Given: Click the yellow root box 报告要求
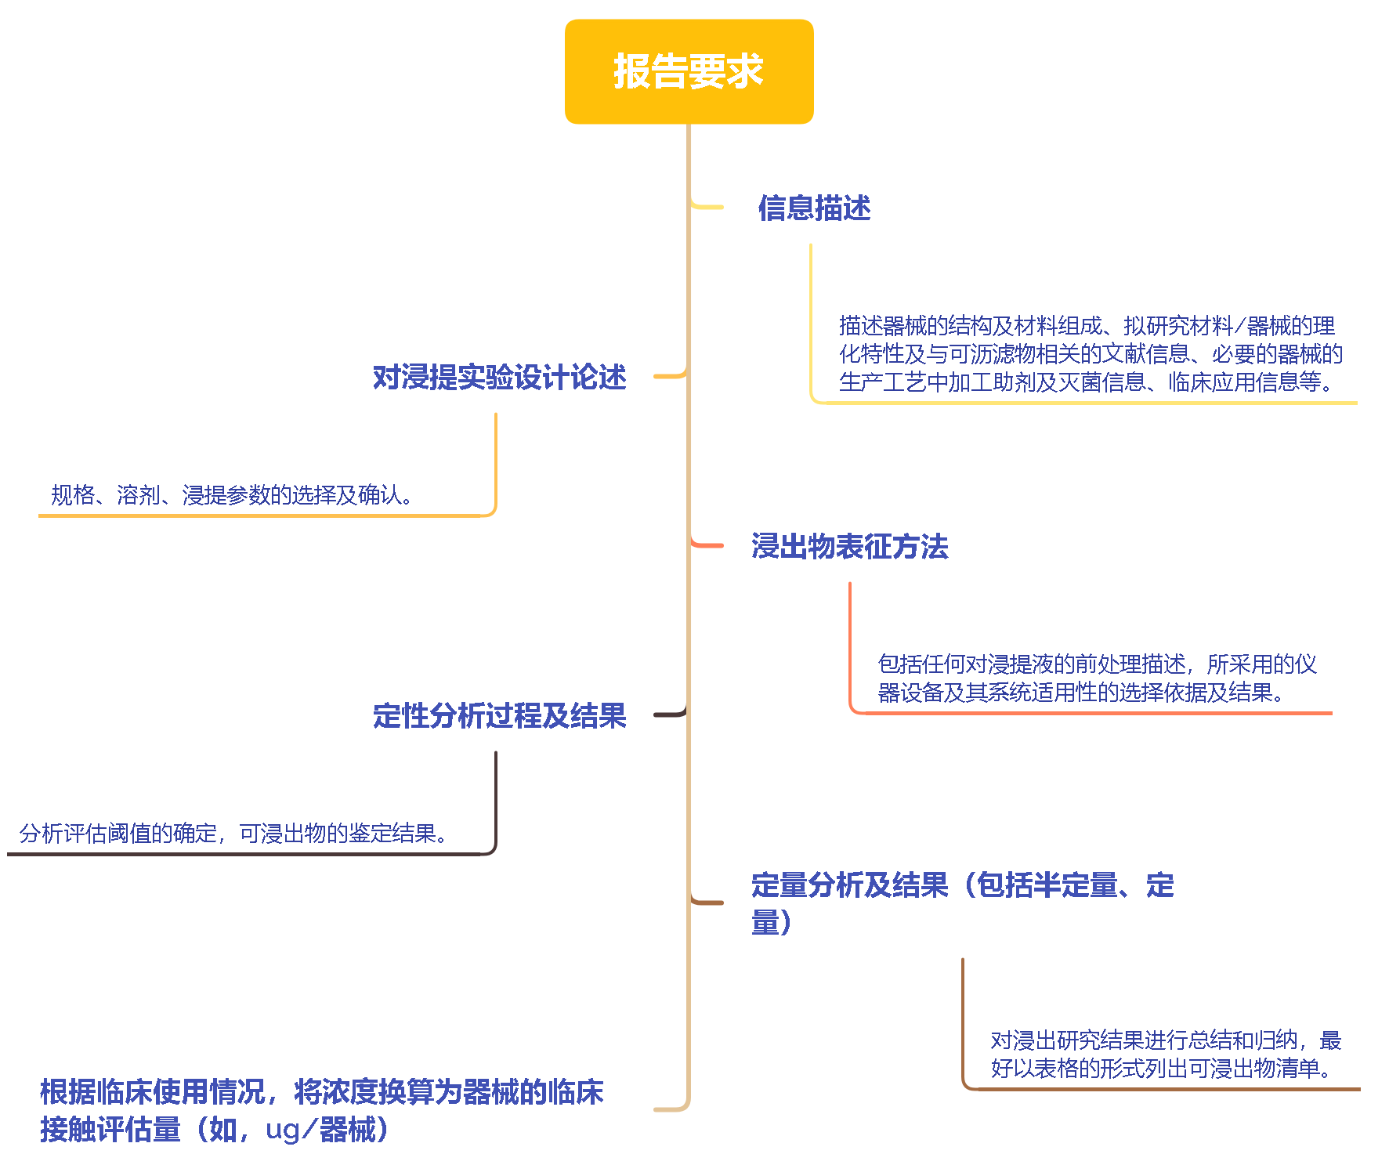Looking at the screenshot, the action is coord(689,71).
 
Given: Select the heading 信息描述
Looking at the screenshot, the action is coord(814,208).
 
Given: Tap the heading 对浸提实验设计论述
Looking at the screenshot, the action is coord(499,378).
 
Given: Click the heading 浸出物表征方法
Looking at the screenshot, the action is coord(849,547).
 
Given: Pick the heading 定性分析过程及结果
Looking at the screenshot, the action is coord(499,716).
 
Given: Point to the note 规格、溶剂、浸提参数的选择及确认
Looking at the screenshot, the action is coord(232,495).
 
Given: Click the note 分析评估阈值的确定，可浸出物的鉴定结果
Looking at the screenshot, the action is coord(234,834).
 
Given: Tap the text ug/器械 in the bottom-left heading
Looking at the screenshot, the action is coord(321,1130).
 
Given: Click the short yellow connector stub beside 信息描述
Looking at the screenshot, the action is coord(707,207).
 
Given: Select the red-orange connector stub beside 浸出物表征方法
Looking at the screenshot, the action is coord(707,544).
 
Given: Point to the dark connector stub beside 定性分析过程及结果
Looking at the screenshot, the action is coord(671,714).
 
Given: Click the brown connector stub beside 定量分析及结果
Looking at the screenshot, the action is coord(707,902).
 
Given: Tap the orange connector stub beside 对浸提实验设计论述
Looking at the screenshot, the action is coord(671,376).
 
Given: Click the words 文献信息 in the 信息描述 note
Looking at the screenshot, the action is coord(1146,354).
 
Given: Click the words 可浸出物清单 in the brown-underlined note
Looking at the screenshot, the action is coord(1254,1069).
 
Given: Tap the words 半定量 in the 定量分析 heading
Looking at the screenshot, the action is coord(1076,885).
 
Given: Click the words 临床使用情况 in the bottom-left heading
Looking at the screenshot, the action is coord(181,1092).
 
